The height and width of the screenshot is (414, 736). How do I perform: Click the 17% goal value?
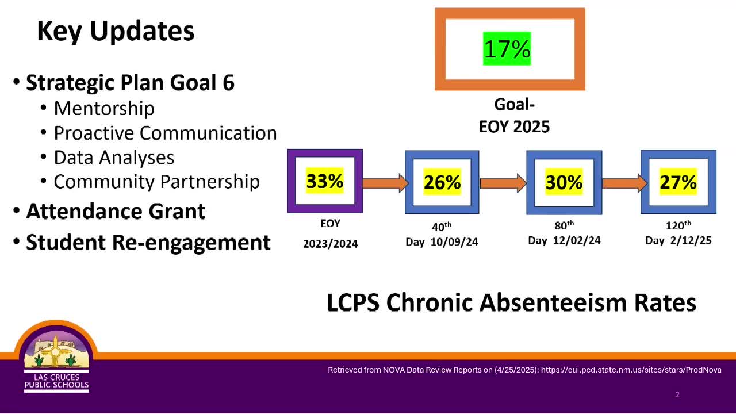[x=507, y=49]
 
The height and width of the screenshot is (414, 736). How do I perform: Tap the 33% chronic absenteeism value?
[x=325, y=181]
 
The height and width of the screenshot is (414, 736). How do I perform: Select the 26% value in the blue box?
[x=442, y=182]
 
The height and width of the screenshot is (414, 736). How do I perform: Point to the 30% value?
[x=564, y=182]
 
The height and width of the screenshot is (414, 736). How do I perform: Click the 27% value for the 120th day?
[x=678, y=182]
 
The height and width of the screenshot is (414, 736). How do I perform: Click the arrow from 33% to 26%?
[x=385, y=183]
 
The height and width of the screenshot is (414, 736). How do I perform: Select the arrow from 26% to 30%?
[x=503, y=183]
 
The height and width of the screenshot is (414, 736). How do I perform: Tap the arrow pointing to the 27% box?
[x=624, y=183]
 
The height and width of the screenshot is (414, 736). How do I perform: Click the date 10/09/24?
[x=454, y=242]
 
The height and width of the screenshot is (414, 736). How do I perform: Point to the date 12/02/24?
[x=577, y=240]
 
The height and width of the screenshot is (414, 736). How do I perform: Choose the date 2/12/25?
[x=691, y=240]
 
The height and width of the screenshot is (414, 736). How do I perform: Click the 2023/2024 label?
[x=330, y=244]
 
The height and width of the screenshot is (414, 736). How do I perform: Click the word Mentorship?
[x=104, y=109]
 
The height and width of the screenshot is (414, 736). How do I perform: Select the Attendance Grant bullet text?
[x=116, y=211]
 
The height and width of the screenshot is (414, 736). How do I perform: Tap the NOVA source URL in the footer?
[x=631, y=370]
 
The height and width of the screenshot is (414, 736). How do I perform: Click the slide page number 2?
[x=677, y=394]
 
